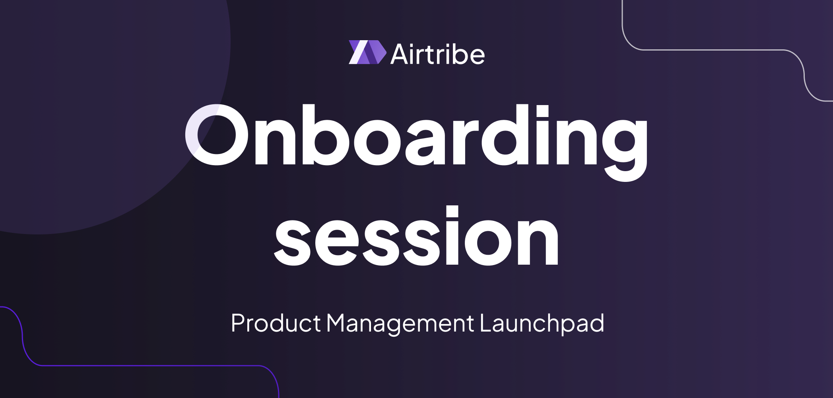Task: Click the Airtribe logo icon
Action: (x=367, y=52)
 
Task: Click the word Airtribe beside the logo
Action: (x=438, y=54)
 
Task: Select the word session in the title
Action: (x=417, y=236)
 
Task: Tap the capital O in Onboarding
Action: (x=217, y=135)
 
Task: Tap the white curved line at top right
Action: (x=716, y=50)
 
